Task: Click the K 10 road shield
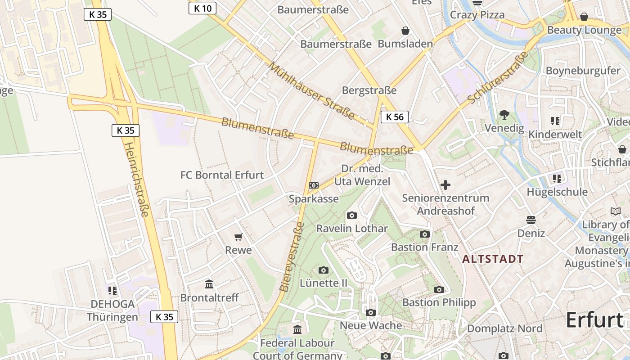coord(202,8)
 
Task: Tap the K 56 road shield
coord(394,117)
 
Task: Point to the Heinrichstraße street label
coord(136,180)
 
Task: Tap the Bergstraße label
coord(369,90)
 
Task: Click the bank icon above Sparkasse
coord(314,185)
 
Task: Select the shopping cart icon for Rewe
coord(238,237)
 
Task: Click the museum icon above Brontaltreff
coord(209,284)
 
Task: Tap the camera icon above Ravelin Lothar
coord(352,215)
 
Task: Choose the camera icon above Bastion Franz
coord(424,234)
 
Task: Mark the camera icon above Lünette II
coord(323,270)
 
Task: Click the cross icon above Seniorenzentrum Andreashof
coord(445,185)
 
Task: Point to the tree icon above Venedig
coord(504,115)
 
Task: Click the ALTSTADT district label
coord(493,259)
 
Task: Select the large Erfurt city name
coord(594,320)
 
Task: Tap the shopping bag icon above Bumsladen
coord(405,31)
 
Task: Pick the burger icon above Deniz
coord(531,220)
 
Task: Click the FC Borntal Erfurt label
coord(222,175)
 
